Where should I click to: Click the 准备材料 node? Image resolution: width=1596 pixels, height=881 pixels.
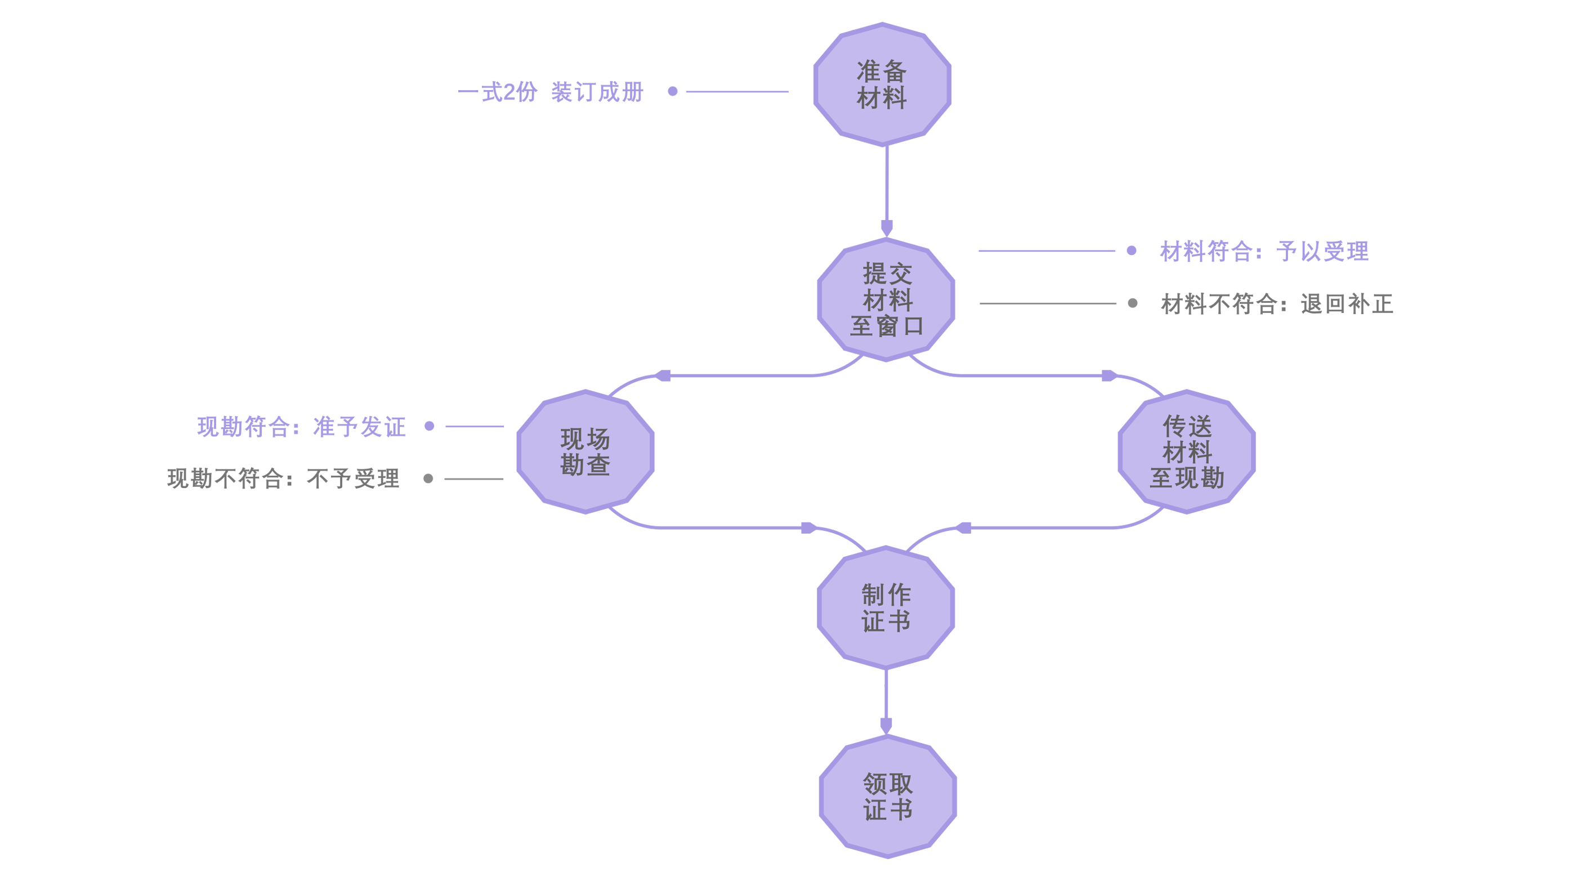[882, 84]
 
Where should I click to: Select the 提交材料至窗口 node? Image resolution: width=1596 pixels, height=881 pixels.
[887, 299]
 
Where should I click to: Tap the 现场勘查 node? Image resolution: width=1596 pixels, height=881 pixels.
[585, 451]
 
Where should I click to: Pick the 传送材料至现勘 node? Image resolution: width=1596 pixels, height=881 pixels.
[1187, 451]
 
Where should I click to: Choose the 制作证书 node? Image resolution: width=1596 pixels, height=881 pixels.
[886, 608]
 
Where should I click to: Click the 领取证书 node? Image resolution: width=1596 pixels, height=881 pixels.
[888, 797]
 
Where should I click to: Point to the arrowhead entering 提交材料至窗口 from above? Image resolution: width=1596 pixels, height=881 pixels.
[887, 227]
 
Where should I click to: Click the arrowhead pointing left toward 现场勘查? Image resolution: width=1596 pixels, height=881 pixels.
[664, 375]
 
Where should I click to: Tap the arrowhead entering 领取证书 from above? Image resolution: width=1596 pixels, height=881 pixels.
[886, 725]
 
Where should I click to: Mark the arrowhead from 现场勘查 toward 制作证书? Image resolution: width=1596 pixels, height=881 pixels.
[808, 527]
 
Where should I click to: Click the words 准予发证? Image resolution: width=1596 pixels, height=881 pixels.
[359, 427]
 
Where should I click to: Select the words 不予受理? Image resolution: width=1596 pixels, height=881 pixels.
[355, 478]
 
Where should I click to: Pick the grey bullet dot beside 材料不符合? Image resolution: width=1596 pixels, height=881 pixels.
[1133, 303]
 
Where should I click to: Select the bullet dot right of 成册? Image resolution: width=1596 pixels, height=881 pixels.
[672, 91]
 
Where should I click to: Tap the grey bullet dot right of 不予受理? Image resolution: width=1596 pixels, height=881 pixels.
[428, 478]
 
